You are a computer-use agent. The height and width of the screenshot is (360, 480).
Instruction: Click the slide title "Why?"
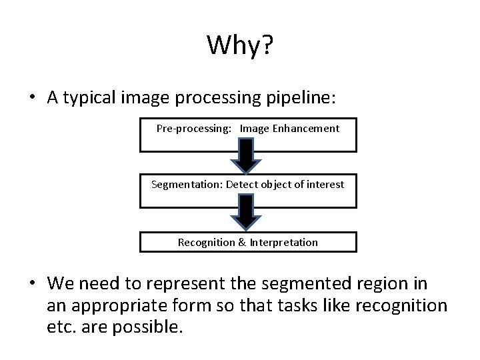tap(240, 45)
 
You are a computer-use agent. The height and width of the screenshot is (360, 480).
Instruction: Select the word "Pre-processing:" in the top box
tap(194, 128)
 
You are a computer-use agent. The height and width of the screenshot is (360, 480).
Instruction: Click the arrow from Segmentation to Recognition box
tap(245, 212)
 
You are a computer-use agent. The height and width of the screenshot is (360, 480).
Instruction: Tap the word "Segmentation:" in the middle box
tap(187, 184)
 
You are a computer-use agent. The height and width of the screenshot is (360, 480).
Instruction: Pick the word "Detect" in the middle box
tap(241, 184)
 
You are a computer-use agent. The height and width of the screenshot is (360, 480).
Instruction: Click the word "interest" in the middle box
tap(326, 184)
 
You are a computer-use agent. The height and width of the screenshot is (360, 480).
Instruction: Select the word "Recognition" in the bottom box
tap(206, 242)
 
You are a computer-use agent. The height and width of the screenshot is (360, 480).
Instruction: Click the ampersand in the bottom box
tap(241, 242)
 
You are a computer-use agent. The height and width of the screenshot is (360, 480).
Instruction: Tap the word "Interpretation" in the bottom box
tap(283, 242)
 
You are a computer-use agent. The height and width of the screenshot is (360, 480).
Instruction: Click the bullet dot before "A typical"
tap(32, 98)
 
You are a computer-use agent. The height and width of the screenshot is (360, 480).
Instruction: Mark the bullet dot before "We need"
tap(32, 284)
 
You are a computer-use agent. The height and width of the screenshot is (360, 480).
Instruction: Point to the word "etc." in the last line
tap(63, 328)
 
